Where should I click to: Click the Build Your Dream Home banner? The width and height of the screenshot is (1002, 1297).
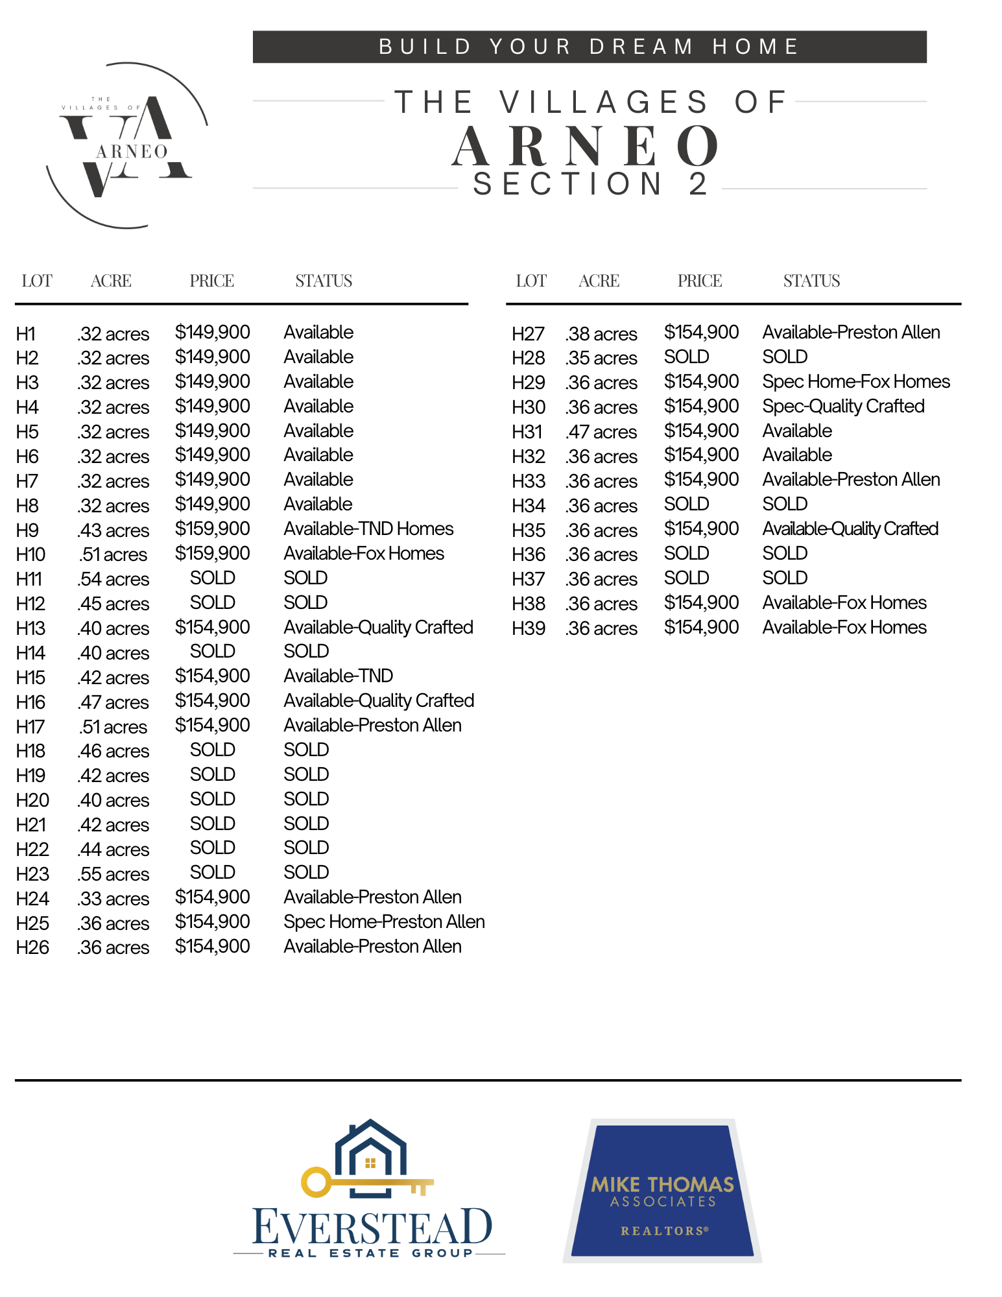pyautogui.click(x=589, y=47)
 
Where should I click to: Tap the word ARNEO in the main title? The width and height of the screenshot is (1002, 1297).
pyautogui.click(x=586, y=147)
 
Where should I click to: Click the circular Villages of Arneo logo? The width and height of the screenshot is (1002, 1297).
pyautogui.click(x=127, y=145)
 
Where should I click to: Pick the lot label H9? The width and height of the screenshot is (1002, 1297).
pyautogui.click(x=27, y=530)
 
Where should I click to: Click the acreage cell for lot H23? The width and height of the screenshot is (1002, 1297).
pyautogui.click(x=113, y=874)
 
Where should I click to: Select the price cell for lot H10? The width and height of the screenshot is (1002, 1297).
pyautogui.click(x=212, y=553)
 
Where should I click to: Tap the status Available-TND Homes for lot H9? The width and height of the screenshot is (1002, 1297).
pyautogui.click(x=368, y=529)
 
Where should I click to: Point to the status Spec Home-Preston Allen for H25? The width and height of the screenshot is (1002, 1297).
pyautogui.click(x=384, y=922)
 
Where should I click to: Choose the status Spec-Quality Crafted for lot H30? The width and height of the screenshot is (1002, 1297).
pyautogui.click(x=843, y=406)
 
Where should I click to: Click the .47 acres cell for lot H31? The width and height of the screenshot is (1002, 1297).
pyautogui.click(x=601, y=432)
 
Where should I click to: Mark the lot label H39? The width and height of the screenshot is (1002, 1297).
pyautogui.click(x=528, y=628)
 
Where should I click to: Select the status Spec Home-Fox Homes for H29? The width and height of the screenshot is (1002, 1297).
pyautogui.click(x=856, y=381)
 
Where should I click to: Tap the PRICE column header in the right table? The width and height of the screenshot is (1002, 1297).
pyautogui.click(x=700, y=281)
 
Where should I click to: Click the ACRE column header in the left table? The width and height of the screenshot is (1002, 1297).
pyautogui.click(x=111, y=281)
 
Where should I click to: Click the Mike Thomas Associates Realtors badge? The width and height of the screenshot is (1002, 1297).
pyautogui.click(x=662, y=1191)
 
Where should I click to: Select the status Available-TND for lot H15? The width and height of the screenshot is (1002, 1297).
pyautogui.click(x=338, y=676)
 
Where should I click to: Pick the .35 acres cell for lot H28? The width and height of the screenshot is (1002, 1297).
pyautogui.click(x=601, y=358)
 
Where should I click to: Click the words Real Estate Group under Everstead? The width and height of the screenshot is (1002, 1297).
pyautogui.click(x=370, y=1253)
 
